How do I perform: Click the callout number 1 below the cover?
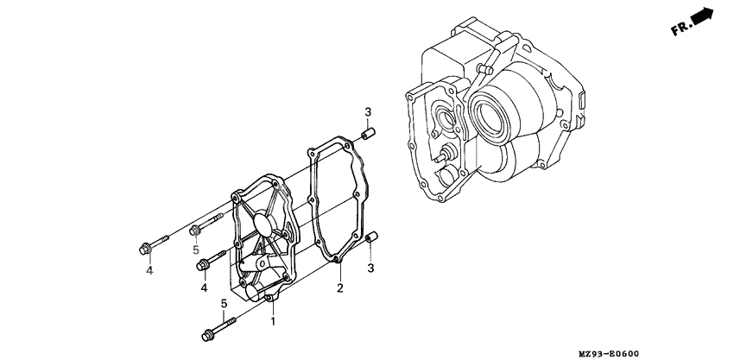coord(273,321)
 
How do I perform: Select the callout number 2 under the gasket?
coord(340,287)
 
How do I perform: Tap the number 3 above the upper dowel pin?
coord(367,113)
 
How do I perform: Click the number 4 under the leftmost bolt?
coord(149,271)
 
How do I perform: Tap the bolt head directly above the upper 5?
coord(196,230)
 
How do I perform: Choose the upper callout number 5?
coord(196,250)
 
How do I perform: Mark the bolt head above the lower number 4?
coord(203,264)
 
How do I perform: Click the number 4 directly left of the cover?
coord(204,287)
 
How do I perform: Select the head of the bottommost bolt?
coord(207,335)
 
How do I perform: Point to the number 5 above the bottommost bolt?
coord(224,303)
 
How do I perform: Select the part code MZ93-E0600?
coord(684,351)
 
